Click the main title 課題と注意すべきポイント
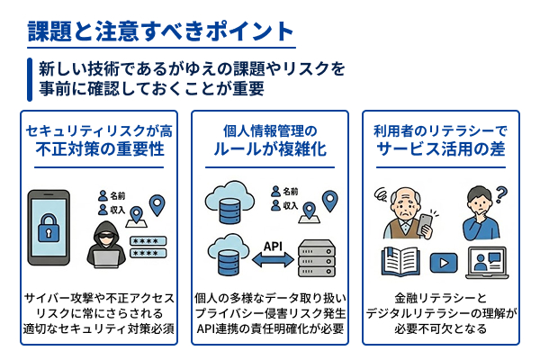click(x=161, y=30)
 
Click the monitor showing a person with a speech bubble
click(x=486, y=263)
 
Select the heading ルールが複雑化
click(x=272, y=148)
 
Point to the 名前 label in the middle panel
click(x=287, y=191)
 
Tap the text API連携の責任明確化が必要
click(x=270, y=328)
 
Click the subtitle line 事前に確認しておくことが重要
click(x=150, y=88)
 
